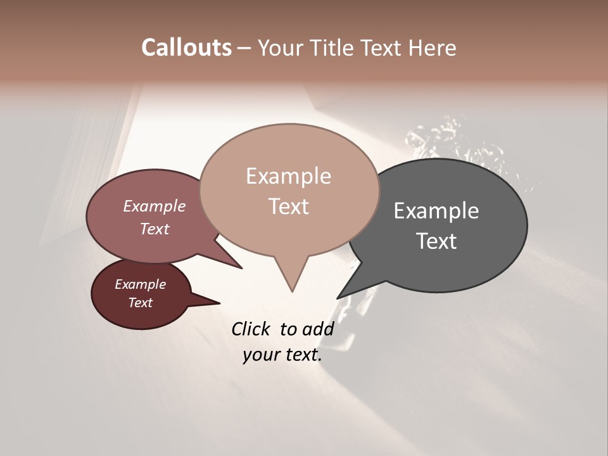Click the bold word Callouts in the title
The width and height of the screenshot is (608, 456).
pos(186,47)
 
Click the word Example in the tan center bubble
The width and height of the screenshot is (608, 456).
pos(288,176)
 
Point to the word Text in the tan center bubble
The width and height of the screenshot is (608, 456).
pos(288,206)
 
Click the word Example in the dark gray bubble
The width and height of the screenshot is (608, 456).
pos(436,211)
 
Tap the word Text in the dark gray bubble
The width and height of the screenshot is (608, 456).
pos(436,241)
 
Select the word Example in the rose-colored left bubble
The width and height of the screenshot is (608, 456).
pos(154,206)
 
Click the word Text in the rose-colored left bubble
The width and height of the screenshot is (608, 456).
pos(154,229)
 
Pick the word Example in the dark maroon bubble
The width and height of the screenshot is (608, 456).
pos(140,284)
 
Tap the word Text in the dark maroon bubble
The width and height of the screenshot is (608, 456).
pos(140,303)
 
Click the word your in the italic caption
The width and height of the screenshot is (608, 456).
pos(258,355)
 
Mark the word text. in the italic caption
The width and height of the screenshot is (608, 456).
pos(301,355)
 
